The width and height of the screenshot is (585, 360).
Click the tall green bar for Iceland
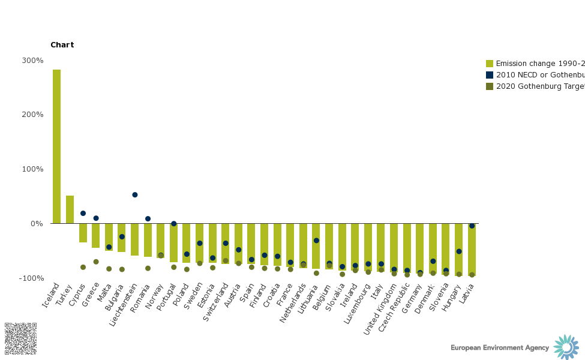tap(56, 146)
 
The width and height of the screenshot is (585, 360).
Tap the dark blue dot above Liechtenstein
tap(135, 195)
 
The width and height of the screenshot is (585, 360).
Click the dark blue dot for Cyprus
tap(83, 214)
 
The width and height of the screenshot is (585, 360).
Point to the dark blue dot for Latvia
tap(472, 226)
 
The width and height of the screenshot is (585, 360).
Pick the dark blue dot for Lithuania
tap(316, 241)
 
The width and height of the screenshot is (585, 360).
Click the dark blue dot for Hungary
tap(459, 251)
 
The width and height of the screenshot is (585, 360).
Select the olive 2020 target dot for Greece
tap(96, 262)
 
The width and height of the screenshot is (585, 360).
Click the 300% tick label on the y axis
tap(33, 61)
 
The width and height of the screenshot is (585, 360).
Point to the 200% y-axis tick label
tap(33, 115)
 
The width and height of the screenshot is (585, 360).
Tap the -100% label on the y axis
tap(32, 278)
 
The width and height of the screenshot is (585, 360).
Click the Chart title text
tap(62, 45)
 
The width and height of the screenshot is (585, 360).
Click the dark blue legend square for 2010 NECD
tap(490, 75)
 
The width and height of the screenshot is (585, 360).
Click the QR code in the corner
tap(20, 338)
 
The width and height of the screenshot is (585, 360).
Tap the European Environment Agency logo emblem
tap(566, 347)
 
